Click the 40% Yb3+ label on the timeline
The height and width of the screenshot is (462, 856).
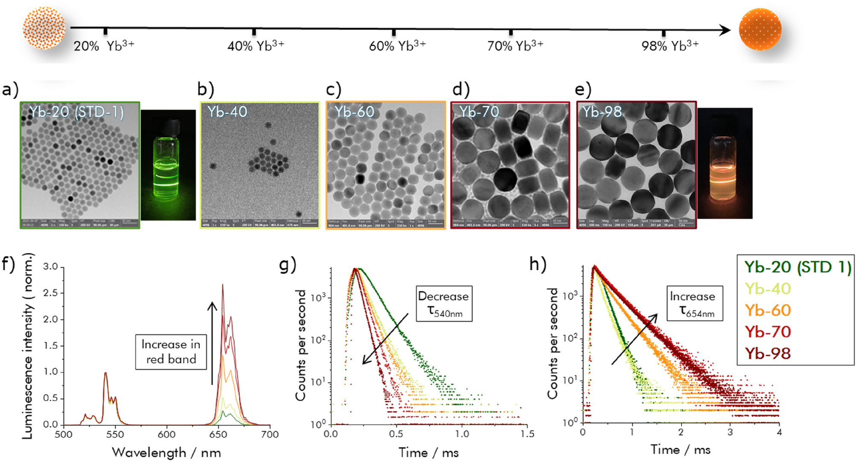click(x=255, y=45)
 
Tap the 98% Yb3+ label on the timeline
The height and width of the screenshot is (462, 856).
click(x=670, y=45)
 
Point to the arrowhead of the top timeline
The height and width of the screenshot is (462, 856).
click(x=725, y=30)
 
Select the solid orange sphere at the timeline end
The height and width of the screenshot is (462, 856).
click(x=760, y=29)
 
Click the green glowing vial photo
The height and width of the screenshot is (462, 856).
click(x=168, y=165)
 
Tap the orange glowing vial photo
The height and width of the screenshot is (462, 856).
click(x=725, y=164)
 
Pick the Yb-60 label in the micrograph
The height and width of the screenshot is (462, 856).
click(x=354, y=112)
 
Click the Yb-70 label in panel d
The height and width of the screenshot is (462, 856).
click(x=479, y=112)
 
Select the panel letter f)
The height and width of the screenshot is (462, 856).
click(x=9, y=264)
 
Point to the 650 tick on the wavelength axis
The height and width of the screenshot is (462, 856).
click(x=218, y=434)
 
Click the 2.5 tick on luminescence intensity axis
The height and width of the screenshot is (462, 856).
click(x=50, y=293)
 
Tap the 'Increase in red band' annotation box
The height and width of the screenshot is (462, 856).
click(x=171, y=352)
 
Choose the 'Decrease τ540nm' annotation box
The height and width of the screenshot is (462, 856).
click(x=444, y=304)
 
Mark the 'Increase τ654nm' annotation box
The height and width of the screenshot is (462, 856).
click(x=695, y=304)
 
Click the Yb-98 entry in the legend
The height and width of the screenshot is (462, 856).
click(x=768, y=354)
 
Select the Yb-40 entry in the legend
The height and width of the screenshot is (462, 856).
click(x=768, y=289)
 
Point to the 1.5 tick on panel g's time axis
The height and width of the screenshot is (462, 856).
click(x=527, y=434)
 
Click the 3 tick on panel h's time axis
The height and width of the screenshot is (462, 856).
click(x=730, y=432)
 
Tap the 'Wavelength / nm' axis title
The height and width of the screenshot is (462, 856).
click(x=166, y=453)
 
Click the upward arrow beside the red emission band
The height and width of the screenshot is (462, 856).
click(x=212, y=342)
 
